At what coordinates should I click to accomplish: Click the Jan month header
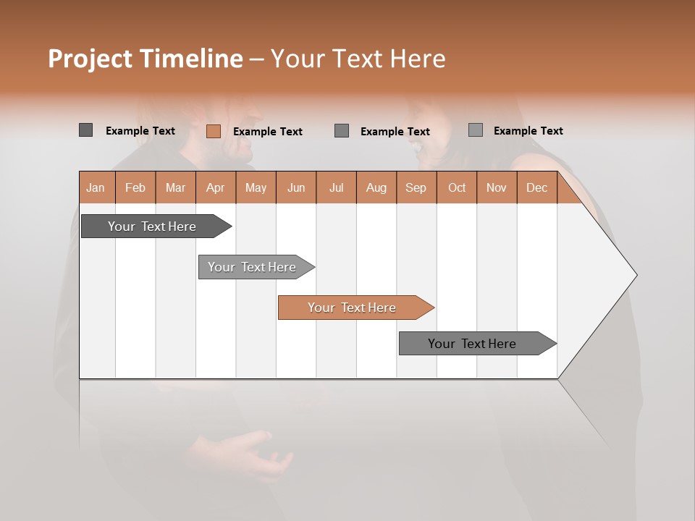click(x=96, y=187)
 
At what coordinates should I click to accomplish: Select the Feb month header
click(x=135, y=187)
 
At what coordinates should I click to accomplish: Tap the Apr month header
click(x=216, y=187)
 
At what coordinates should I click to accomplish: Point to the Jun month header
click(x=296, y=187)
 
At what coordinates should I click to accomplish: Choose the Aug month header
click(x=376, y=187)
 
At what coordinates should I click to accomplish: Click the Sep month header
click(x=416, y=187)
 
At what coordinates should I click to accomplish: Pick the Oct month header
click(x=457, y=187)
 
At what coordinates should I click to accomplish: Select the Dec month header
click(x=537, y=187)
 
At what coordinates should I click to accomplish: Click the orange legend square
click(x=214, y=131)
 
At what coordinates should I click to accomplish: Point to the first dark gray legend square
click(x=86, y=130)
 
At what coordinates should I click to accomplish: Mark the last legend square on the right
click(x=476, y=130)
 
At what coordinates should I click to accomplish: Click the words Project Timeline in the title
click(x=146, y=59)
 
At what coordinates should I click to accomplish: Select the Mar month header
click(x=176, y=187)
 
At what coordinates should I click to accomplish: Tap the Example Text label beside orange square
click(x=268, y=131)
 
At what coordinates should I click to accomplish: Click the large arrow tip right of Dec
click(x=615, y=275)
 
